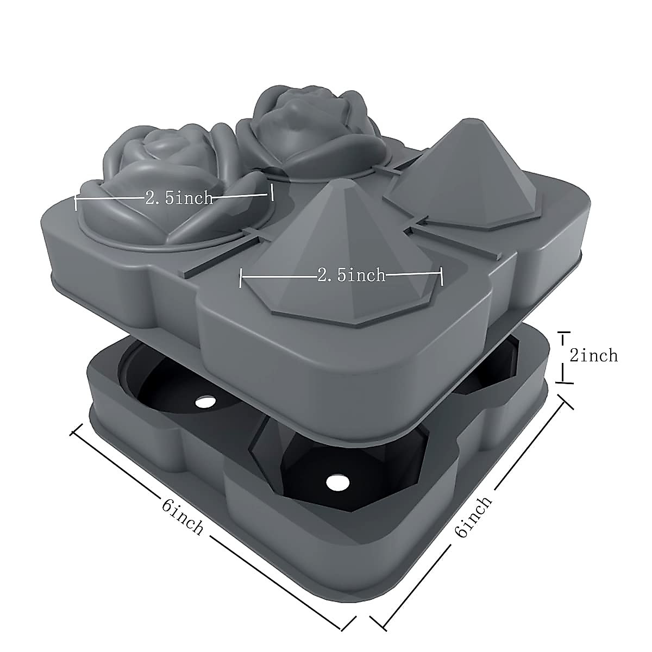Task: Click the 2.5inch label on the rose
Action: [179, 198]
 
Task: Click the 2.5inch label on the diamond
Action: [351, 275]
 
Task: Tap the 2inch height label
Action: [593, 355]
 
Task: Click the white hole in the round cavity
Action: [205, 403]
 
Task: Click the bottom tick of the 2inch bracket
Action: [565, 382]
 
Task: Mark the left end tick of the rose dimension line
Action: [76, 203]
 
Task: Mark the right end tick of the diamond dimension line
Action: [442, 276]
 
